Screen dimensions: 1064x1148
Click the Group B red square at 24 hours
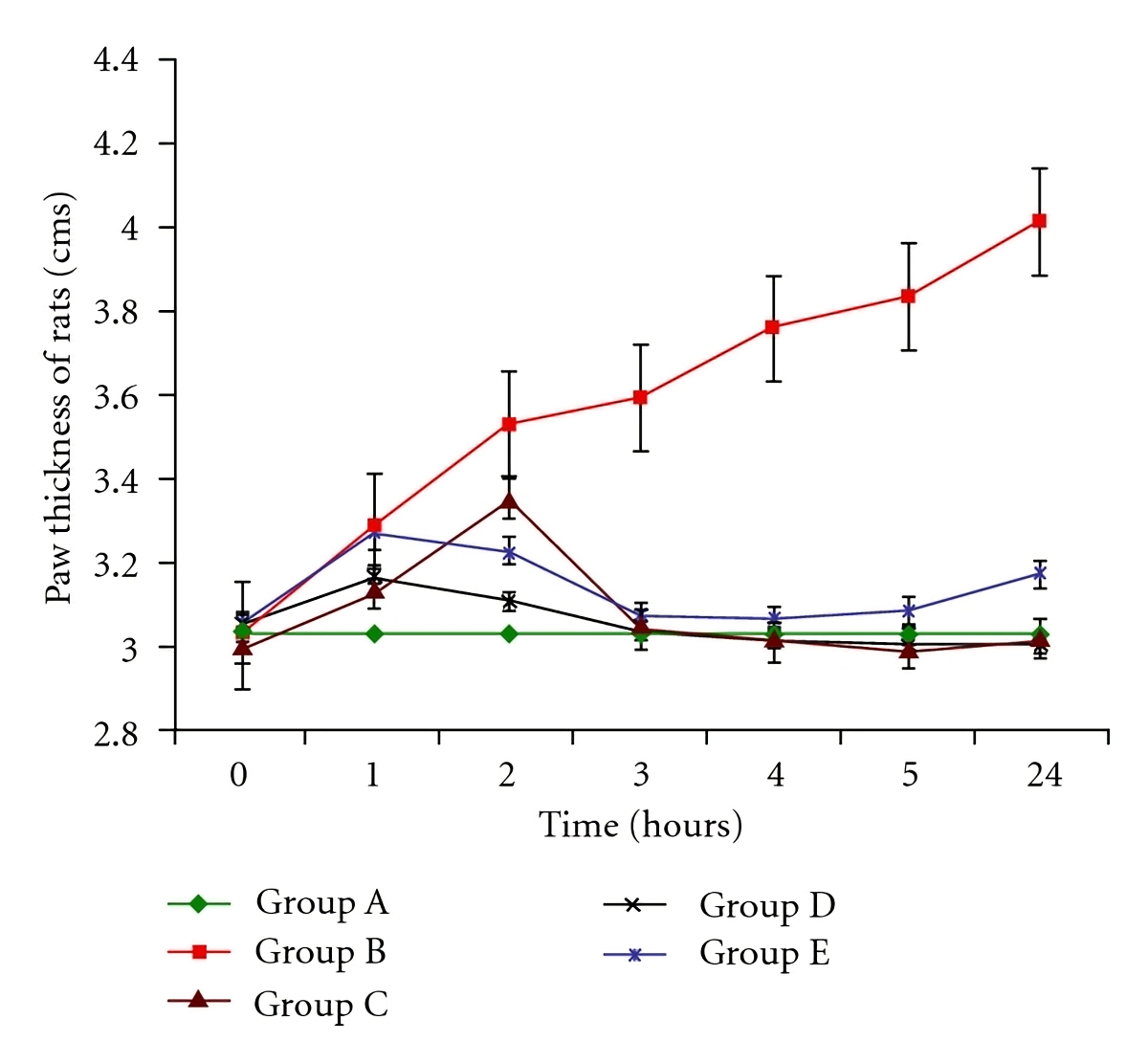point(1039,221)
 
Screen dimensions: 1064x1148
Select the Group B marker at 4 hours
point(773,327)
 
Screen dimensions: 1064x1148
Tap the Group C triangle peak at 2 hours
point(509,501)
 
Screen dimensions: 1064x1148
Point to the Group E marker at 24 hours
point(1039,574)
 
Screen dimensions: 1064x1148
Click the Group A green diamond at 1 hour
point(375,633)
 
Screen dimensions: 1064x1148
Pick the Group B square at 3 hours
point(640,397)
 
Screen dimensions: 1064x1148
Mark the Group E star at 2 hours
point(509,553)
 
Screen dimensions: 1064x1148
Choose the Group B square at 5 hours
point(908,297)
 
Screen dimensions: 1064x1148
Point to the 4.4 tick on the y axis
point(116,60)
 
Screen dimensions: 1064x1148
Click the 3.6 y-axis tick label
point(116,396)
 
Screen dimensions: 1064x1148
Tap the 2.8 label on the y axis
point(116,732)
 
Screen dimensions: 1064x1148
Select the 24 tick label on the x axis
point(1045,774)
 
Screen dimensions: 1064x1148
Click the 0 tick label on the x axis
point(239,774)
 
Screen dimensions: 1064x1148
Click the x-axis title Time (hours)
point(640,825)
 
